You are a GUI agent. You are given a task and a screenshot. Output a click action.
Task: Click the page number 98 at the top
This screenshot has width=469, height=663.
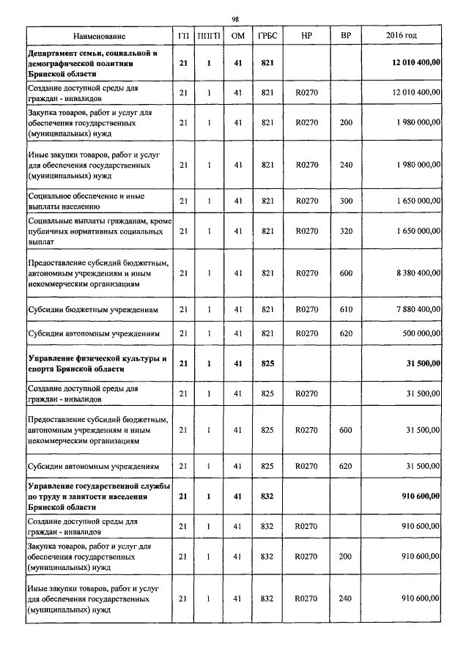(x=235, y=19)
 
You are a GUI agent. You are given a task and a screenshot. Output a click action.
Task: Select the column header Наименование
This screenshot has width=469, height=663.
(x=99, y=36)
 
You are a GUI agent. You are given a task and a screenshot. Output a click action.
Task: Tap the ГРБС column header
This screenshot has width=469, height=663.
(x=267, y=36)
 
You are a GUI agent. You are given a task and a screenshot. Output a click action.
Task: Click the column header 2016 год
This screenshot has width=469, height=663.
(x=401, y=36)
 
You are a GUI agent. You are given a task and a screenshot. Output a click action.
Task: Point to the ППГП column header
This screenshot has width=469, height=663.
(x=209, y=36)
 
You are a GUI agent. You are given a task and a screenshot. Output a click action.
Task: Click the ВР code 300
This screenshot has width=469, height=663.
(x=346, y=201)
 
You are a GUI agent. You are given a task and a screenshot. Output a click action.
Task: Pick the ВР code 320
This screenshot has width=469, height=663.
(x=346, y=231)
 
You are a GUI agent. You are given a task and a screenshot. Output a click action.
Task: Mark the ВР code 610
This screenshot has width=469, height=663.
(x=346, y=310)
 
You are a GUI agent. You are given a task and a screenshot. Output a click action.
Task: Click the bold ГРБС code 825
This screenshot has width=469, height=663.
(x=267, y=363)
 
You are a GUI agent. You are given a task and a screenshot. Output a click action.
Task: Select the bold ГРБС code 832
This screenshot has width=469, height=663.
(x=267, y=496)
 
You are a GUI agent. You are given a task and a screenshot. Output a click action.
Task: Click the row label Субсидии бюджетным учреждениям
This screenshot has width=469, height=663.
(x=93, y=310)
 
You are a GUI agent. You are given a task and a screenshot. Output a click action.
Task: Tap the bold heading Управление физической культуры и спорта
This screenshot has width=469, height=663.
(x=97, y=363)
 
